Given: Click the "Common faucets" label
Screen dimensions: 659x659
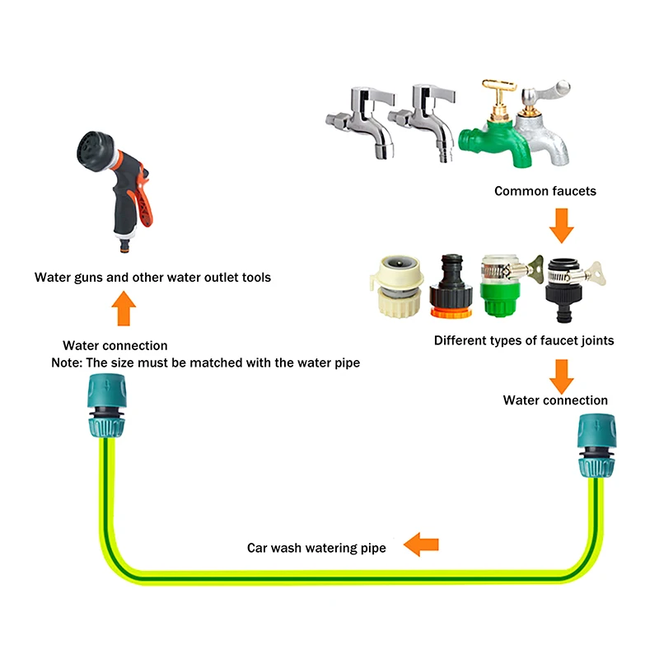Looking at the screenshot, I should (x=544, y=191).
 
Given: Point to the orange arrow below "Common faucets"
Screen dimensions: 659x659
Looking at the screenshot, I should (x=561, y=224).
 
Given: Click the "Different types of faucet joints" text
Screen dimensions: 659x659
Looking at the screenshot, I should (x=523, y=340).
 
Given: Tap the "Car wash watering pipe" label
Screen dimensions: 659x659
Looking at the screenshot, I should (x=316, y=547).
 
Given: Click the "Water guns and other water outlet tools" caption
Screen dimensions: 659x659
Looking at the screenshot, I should (x=152, y=278).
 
